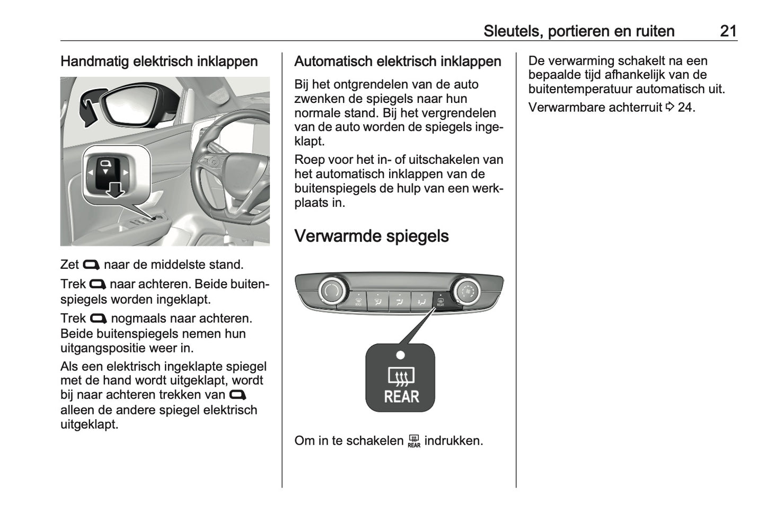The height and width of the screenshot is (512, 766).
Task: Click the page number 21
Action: tap(728, 31)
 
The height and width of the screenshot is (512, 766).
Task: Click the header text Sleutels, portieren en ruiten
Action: tap(578, 31)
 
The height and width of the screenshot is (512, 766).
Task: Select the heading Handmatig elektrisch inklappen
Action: tap(159, 61)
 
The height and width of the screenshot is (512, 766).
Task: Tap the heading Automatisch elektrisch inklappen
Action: tap(398, 61)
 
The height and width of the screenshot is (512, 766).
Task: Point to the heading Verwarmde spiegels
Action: tap(371, 236)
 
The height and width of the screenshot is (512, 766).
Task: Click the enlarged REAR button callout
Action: tap(400, 378)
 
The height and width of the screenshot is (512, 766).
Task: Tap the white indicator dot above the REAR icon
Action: tap(400, 355)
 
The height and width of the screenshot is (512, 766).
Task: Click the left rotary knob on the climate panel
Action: tap(332, 290)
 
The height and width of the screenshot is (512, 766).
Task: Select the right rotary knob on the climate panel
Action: tap(466, 290)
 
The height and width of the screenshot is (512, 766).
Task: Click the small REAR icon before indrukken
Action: tap(414, 441)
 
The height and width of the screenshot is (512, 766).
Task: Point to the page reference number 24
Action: tap(685, 107)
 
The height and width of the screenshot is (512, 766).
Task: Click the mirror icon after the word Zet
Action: tap(91, 265)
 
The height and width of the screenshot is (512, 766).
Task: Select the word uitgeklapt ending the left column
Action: tap(89, 424)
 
